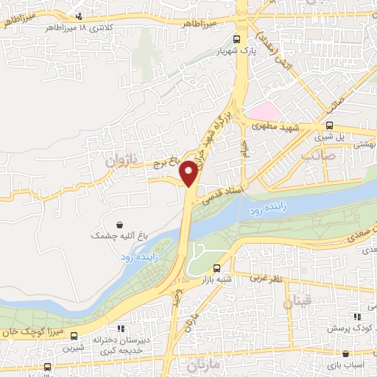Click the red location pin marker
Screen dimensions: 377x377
pos(189,173)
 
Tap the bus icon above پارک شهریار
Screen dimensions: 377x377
pos(236,41)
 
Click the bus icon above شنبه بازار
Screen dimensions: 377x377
pos(216,269)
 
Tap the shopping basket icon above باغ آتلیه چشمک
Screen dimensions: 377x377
pos(120,223)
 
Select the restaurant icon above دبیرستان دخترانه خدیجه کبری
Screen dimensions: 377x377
pos(120,328)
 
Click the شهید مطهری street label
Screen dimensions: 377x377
pos(275,127)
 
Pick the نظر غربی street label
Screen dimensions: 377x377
pos(266,278)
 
